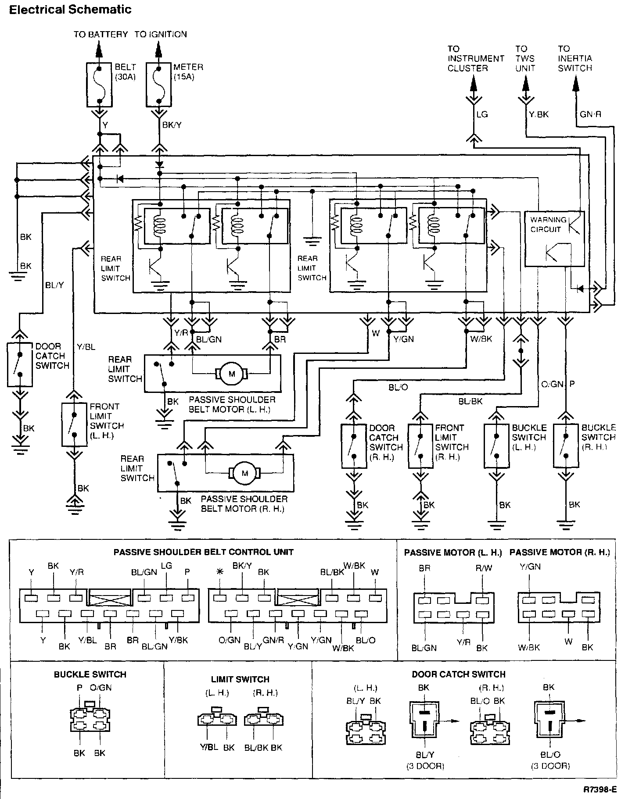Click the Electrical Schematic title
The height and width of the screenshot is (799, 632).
click(x=70, y=10)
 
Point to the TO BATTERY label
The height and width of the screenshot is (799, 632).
click(x=101, y=34)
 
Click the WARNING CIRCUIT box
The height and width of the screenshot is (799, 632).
click(x=555, y=239)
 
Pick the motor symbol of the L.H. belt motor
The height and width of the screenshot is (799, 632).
click(x=231, y=374)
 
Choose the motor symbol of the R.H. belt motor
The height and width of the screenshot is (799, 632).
click(x=244, y=473)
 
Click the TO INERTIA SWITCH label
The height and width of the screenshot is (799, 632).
click(x=575, y=58)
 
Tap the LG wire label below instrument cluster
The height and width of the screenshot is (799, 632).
click(x=482, y=114)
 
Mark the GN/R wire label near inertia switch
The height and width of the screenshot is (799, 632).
click(x=590, y=114)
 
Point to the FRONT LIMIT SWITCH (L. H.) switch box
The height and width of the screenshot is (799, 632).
click(x=74, y=424)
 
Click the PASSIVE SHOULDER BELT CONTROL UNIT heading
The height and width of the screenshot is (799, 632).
click(x=203, y=552)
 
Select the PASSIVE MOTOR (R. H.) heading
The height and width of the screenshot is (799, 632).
click(x=560, y=553)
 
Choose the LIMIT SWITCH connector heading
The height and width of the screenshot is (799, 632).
click(x=240, y=679)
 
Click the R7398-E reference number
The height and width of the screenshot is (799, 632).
click(x=600, y=789)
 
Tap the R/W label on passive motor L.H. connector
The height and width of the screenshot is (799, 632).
click(x=484, y=568)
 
